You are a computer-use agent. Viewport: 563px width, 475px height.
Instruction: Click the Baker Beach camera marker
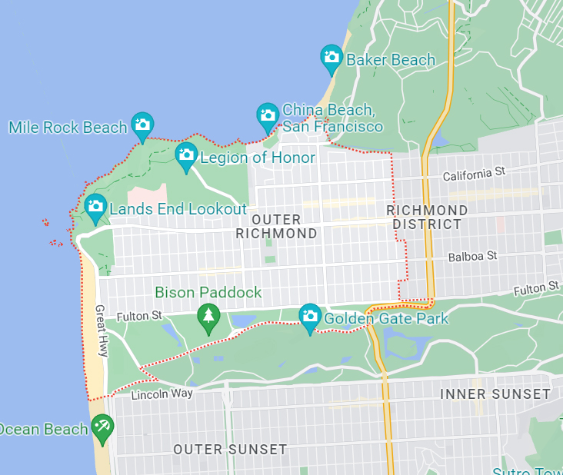(x=331, y=58)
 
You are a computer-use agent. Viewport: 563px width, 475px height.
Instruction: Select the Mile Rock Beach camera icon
(x=142, y=125)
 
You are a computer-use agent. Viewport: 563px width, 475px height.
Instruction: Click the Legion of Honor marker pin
(x=186, y=156)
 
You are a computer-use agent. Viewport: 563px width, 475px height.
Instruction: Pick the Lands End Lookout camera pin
(x=95, y=207)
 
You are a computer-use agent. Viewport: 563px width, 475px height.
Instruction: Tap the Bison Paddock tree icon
(x=207, y=317)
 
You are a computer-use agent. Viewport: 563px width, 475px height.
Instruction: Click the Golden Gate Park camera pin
(x=309, y=317)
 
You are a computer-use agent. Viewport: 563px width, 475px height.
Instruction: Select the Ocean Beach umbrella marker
(x=102, y=427)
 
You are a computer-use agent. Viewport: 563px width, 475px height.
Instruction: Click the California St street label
(x=473, y=175)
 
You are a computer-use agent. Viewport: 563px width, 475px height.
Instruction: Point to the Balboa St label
(x=473, y=255)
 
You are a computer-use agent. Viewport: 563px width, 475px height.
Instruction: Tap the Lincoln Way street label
(x=159, y=395)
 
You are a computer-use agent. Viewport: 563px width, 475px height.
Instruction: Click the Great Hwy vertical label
(x=102, y=331)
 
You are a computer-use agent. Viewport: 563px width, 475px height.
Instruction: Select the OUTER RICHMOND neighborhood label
(x=276, y=227)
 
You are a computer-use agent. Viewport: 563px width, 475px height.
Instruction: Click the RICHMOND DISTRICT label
(x=427, y=218)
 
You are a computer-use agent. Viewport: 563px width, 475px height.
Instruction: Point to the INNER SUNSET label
(x=495, y=394)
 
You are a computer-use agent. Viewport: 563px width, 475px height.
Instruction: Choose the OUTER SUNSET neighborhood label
(x=230, y=450)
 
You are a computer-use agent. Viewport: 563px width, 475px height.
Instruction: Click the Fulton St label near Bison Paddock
(x=139, y=316)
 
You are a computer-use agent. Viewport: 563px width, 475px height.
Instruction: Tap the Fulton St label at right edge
(x=536, y=288)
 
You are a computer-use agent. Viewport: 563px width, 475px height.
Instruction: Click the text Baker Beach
(x=391, y=60)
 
